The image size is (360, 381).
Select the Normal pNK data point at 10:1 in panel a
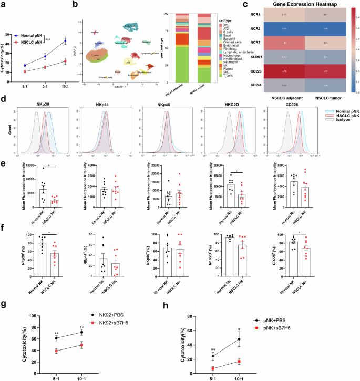[x=65, y=41]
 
